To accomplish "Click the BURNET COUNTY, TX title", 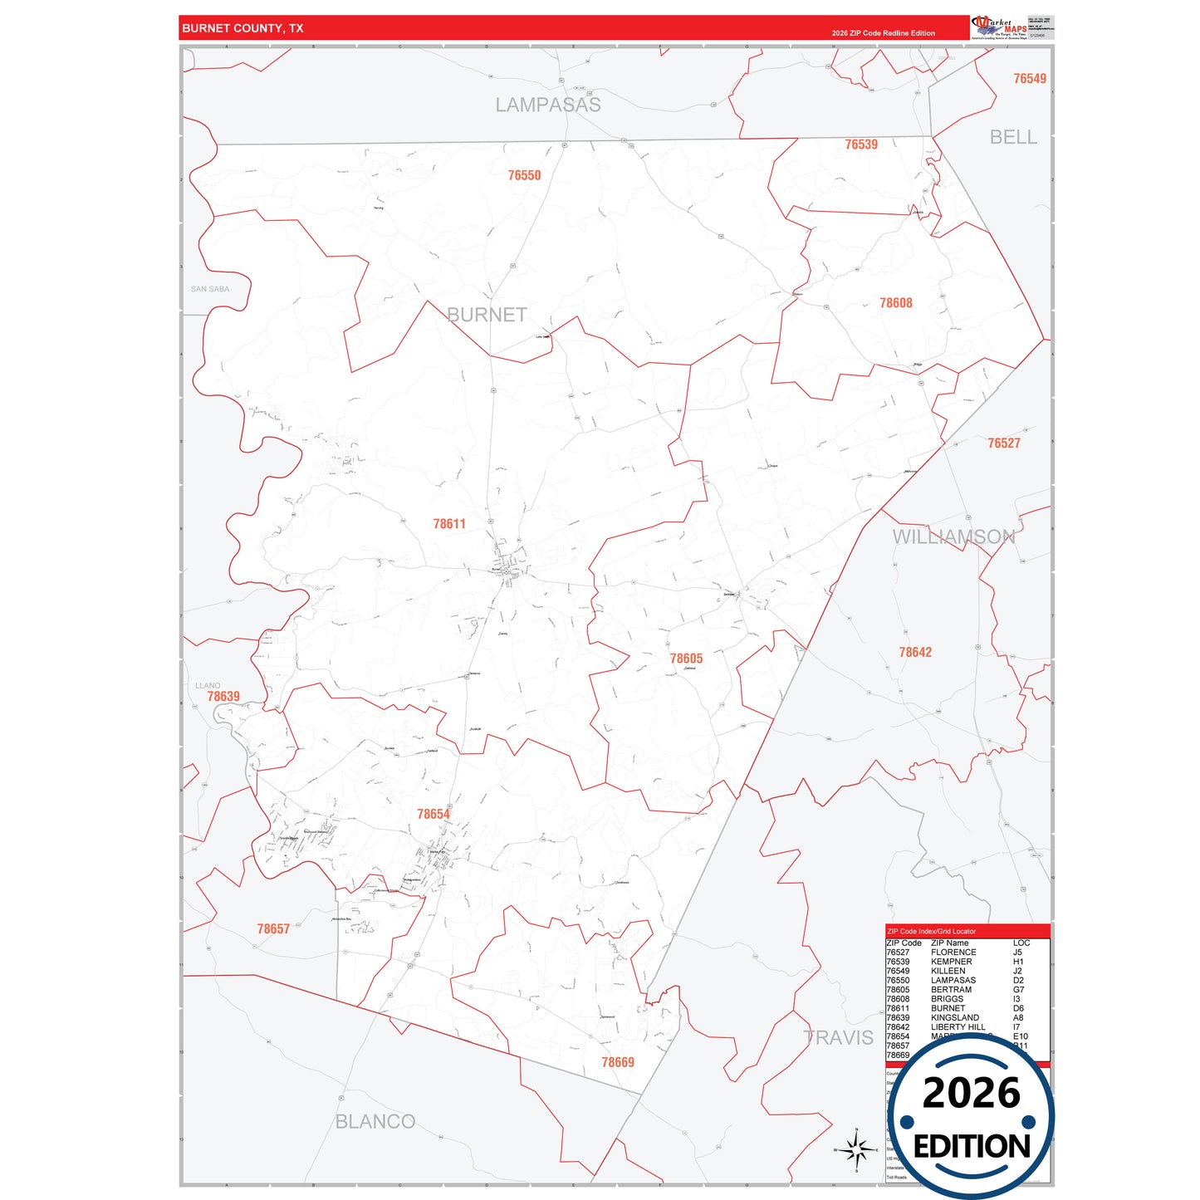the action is tap(242, 28).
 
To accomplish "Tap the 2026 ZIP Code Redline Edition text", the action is tap(883, 33).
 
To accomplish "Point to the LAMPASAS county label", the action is tap(548, 105).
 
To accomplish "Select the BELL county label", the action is tap(1012, 137).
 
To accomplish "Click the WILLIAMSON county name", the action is tap(953, 536).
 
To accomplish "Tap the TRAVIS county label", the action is tap(838, 1037).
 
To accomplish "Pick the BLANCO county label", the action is tap(375, 1121).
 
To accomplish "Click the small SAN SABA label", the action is tap(210, 289).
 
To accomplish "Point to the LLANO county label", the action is tap(208, 686).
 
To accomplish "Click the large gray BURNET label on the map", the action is tap(487, 315).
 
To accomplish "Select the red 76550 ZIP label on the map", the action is tap(524, 175).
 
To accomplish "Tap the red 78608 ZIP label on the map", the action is tap(895, 303).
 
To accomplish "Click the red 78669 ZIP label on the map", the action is tap(617, 1062).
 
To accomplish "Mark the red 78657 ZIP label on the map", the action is tap(273, 928).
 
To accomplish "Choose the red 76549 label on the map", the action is tap(1029, 79).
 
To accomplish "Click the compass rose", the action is tap(856, 1150).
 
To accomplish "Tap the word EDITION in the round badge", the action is tap(971, 1147).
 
